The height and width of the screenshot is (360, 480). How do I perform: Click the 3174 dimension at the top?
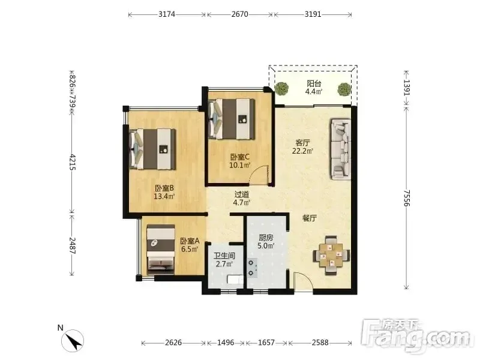pyautogui.click(x=167, y=14)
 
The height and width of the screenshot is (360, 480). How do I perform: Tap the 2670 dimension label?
pyautogui.click(x=239, y=14)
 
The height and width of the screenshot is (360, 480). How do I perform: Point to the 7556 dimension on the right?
pyautogui.click(x=406, y=198)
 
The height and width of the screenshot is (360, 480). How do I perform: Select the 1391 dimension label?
pyautogui.click(x=406, y=88)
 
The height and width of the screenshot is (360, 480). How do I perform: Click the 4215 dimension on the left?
pyautogui.click(x=72, y=162)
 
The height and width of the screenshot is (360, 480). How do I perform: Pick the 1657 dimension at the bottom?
pyautogui.click(x=266, y=343)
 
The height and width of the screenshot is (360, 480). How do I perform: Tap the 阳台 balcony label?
pyautogui.click(x=314, y=83)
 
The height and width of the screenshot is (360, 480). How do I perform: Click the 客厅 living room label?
pyautogui.click(x=302, y=143)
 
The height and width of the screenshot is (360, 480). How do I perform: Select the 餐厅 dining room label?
pyautogui.click(x=310, y=218)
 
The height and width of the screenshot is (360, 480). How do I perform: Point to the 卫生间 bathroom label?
pyautogui.click(x=224, y=256)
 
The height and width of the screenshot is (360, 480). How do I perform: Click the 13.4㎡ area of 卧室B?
pyautogui.click(x=164, y=196)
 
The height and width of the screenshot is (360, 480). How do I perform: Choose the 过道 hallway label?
pyautogui.click(x=242, y=194)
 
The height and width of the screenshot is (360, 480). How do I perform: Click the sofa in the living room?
pyautogui.click(x=340, y=149)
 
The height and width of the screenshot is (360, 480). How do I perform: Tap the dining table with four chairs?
pyautogui.click(x=331, y=256)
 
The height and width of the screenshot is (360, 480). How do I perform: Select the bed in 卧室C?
pyautogui.click(x=232, y=119)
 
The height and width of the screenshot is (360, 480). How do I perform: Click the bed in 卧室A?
pyautogui.click(x=161, y=250)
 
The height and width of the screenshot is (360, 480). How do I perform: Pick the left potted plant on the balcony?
pyautogui.click(x=281, y=89)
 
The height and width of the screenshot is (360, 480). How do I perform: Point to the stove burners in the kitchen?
pyautogui.click(x=252, y=268)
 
